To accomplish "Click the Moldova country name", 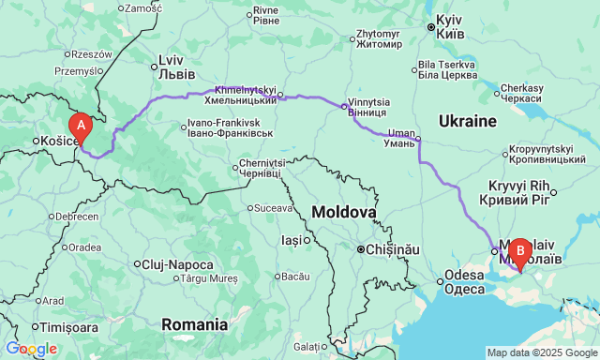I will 344,213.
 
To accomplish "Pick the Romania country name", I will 194,324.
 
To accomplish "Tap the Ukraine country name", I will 467,121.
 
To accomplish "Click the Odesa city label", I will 464,283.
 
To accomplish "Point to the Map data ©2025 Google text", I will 541,352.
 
